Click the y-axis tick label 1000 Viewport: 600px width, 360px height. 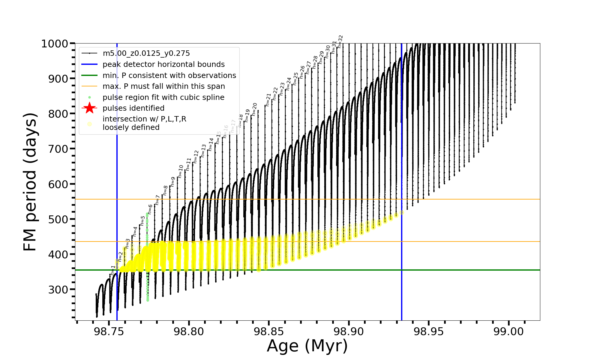[54, 44]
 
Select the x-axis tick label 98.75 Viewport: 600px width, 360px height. [109, 331]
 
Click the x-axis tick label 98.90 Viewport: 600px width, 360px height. [349, 331]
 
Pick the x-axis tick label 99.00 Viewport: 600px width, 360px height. [508, 331]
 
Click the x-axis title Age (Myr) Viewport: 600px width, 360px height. [307, 346]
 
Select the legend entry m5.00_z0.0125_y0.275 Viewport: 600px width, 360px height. [146, 53]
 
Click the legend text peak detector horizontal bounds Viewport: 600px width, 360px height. [163, 64]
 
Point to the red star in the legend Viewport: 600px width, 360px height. [89, 108]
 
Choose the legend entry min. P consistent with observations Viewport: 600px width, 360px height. [169, 75]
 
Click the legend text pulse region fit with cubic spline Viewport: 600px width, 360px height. [163, 97]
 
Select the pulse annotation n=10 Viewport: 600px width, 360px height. [180, 171]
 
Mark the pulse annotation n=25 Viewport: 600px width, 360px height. [295, 79]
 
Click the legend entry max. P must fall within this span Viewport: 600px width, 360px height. [164, 86]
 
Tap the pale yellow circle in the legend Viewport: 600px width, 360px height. [89, 124]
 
